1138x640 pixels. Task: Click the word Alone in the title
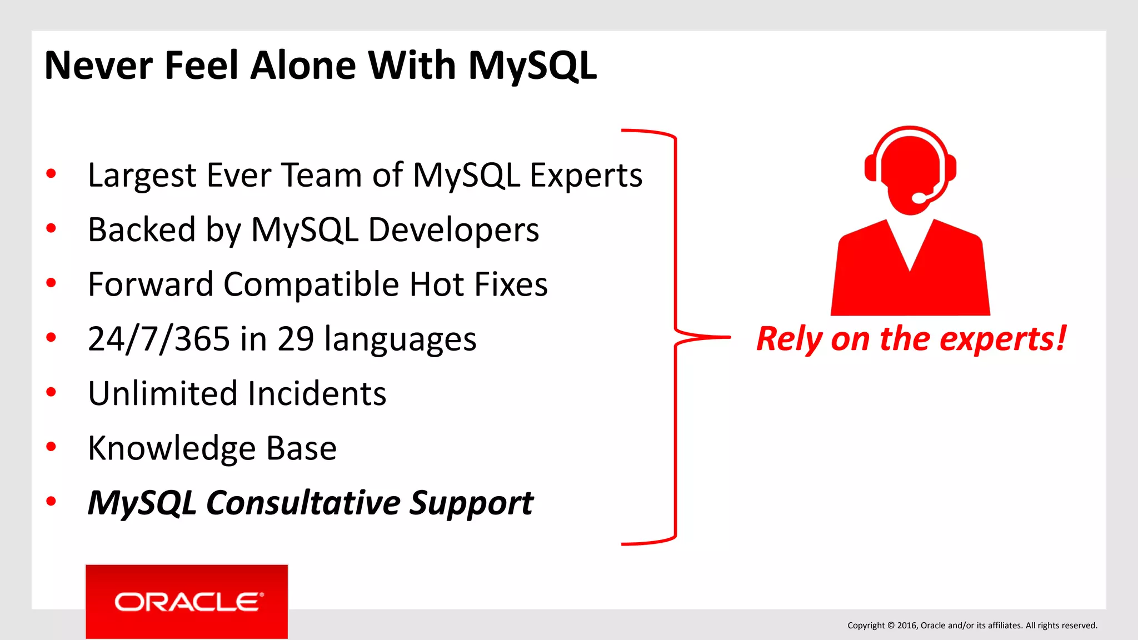pyautogui.click(x=303, y=66)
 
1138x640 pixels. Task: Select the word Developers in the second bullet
pyautogui.click(x=453, y=229)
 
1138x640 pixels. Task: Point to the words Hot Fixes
pyautogui.click(x=478, y=284)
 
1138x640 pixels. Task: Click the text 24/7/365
pyautogui.click(x=159, y=339)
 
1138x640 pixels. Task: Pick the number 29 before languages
pyautogui.click(x=296, y=339)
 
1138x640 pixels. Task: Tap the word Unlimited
pyautogui.click(x=163, y=393)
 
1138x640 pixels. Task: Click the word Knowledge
pyautogui.click(x=172, y=448)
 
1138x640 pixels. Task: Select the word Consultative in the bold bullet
pyautogui.click(x=303, y=503)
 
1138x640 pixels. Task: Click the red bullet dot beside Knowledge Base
pyautogui.click(x=51, y=447)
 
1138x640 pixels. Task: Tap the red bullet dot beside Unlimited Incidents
pyautogui.click(x=51, y=392)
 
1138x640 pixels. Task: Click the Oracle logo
pyautogui.click(x=187, y=602)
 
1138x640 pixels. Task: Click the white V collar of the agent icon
pyautogui.click(x=910, y=244)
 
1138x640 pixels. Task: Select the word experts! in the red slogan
pyautogui.click(x=1002, y=339)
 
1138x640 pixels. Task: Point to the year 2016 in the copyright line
pyautogui.click(x=906, y=626)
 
